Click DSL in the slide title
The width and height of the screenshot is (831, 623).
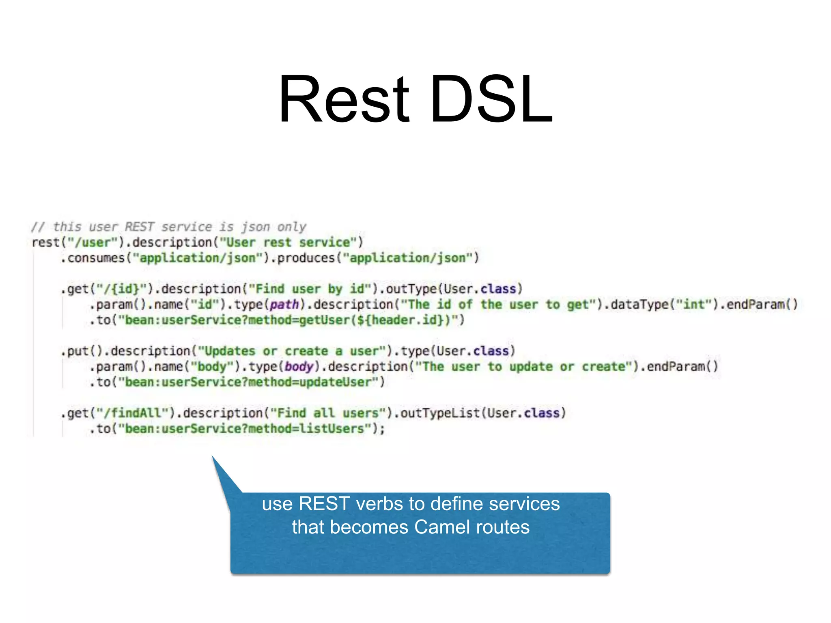491,99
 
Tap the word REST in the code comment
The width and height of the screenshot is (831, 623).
140,227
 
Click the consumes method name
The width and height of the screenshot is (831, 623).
96,258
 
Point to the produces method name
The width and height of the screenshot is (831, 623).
306,258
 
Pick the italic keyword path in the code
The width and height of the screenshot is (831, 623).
284,305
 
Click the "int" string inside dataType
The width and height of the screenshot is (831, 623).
694,305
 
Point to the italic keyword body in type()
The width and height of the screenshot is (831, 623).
299,367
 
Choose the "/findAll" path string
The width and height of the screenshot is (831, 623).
136,413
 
